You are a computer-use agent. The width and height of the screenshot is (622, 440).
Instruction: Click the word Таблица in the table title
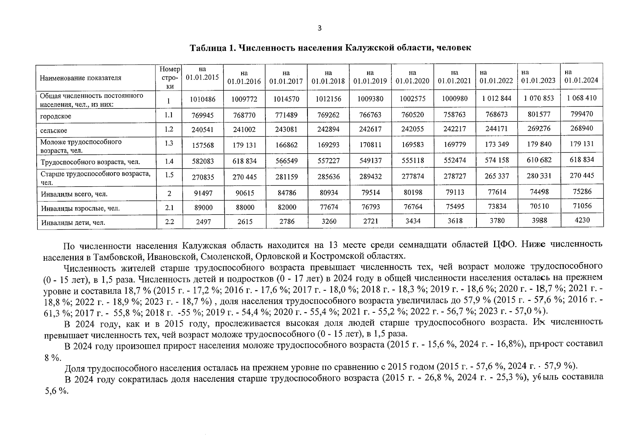(207, 48)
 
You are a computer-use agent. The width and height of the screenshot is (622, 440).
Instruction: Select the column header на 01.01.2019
(370, 77)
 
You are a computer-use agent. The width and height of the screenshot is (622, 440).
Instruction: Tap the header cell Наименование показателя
(81, 78)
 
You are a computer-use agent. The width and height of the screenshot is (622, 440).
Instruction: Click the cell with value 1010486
(203, 99)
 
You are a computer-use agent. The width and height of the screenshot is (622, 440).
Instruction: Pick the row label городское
(56, 117)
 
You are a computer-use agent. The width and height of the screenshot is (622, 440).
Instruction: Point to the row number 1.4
(169, 161)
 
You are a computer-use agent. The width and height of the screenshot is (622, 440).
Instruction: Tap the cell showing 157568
(203, 145)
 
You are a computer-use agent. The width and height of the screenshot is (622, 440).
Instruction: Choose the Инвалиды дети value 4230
(582, 220)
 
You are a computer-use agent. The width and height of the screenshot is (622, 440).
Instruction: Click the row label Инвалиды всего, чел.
(74, 194)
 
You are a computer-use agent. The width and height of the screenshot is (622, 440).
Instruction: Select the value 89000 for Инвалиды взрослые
(203, 208)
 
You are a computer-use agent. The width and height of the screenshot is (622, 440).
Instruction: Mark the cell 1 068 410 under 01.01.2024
(582, 98)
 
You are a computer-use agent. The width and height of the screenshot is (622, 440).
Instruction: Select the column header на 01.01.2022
(496, 77)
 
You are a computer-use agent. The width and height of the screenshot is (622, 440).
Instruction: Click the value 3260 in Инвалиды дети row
(328, 221)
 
